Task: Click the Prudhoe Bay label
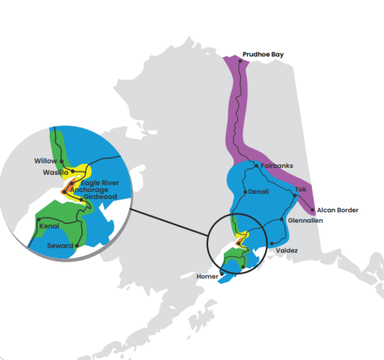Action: coord(263,55)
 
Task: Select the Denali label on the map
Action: coord(259,192)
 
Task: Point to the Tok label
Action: coord(300,190)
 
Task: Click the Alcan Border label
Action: coord(338,210)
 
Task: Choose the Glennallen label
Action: coord(305,221)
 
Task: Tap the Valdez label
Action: coord(287,250)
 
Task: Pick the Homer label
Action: coord(208,277)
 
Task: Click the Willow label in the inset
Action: coord(46,161)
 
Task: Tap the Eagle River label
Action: coord(100,183)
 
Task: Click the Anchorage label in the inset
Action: coord(89,190)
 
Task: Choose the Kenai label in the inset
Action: coord(49,227)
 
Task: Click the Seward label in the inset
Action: coord(60,245)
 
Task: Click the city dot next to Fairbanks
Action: coord(256,166)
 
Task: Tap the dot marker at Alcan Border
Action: coord(313,210)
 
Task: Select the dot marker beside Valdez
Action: coord(272,244)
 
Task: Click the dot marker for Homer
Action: coord(222,272)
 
